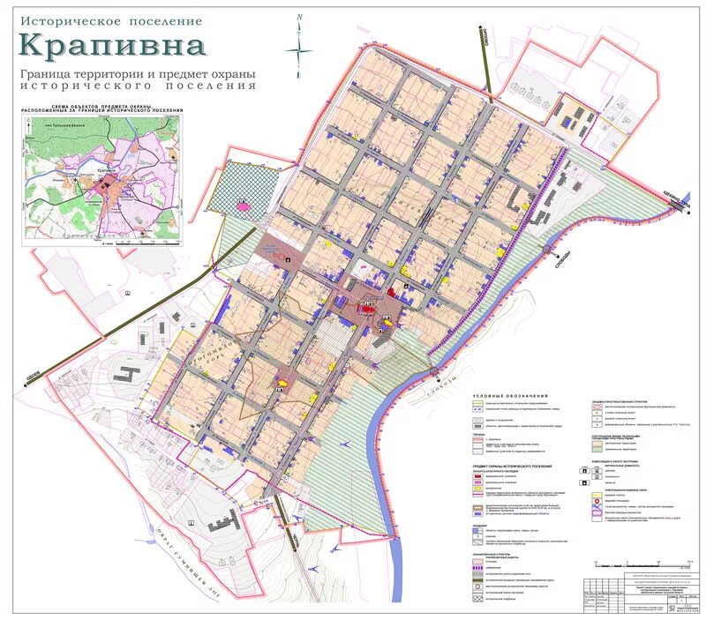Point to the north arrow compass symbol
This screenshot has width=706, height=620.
pos(301,40)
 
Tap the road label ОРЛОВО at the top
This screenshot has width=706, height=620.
pos(486,36)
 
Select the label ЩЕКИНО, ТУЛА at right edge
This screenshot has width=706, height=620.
pos(675,202)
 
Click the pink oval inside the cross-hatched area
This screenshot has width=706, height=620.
pos(241,205)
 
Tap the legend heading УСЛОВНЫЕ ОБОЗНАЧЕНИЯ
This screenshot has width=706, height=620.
pos(510,396)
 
